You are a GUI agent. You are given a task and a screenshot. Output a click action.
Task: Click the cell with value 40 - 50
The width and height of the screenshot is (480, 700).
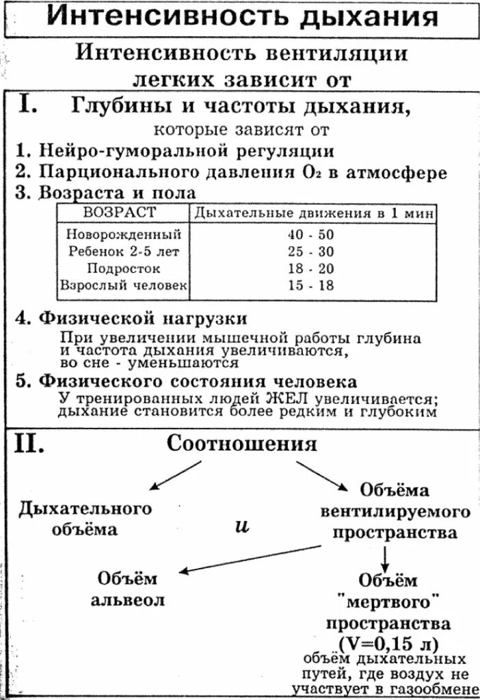[x=311, y=234]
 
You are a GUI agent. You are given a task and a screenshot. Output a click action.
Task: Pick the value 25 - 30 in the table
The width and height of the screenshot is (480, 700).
[x=311, y=252]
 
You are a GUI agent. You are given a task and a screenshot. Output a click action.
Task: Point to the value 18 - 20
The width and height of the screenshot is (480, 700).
[x=311, y=269]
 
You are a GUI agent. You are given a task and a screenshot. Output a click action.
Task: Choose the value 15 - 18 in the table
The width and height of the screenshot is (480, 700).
[x=311, y=286]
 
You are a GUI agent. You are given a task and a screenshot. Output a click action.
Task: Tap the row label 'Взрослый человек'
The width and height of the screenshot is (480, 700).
[x=124, y=286]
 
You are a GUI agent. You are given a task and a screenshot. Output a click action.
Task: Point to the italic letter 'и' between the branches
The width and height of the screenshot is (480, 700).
[x=241, y=528]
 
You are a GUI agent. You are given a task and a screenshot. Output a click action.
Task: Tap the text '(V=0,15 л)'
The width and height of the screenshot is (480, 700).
[x=388, y=643]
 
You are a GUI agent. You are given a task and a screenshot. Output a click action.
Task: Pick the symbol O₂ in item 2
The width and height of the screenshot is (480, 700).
[x=306, y=172]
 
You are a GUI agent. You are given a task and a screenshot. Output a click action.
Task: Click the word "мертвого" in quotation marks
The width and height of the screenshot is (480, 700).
[x=388, y=602]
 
